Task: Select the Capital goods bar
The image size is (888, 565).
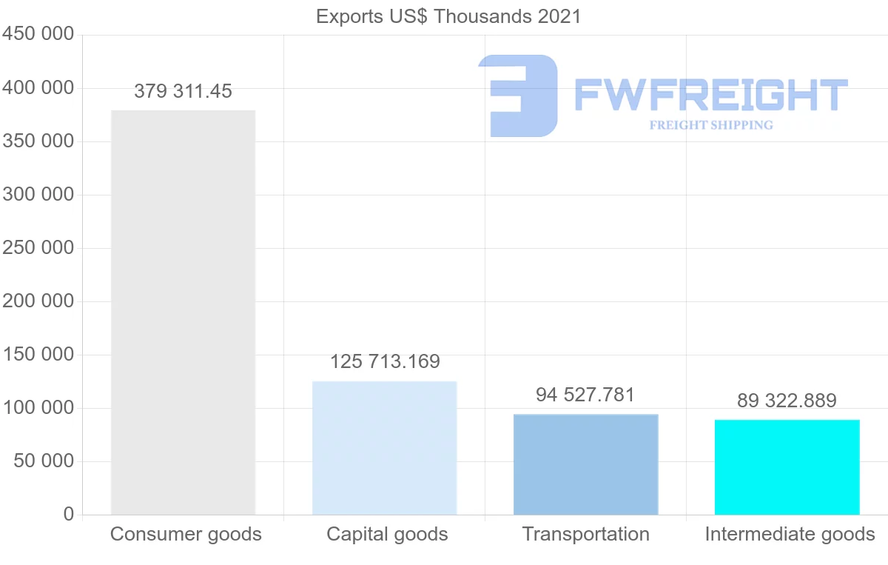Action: [384, 448]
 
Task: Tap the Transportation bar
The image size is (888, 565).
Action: [585, 464]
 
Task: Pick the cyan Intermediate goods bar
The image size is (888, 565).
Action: [787, 467]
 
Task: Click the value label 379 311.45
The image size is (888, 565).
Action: [183, 92]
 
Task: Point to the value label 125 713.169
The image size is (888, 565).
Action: [385, 362]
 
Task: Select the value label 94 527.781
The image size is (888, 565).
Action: [585, 395]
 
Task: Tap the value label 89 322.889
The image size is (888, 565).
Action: [787, 401]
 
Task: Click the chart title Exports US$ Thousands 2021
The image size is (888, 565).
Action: [448, 16]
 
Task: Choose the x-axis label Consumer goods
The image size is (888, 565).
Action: [186, 535]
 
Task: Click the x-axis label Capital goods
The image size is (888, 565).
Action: [387, 535]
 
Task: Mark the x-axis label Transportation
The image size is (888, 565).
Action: [585, 535]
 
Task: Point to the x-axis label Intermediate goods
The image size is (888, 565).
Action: [790, 535]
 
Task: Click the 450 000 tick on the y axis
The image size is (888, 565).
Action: [38, 35]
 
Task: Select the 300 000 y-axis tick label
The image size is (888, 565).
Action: [38, 195]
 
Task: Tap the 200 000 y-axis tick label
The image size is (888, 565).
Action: [38, 301]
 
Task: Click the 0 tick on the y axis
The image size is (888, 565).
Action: [69, 515]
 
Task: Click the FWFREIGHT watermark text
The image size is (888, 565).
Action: [710, 95]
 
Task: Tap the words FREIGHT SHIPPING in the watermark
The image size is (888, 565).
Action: [711, 125]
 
